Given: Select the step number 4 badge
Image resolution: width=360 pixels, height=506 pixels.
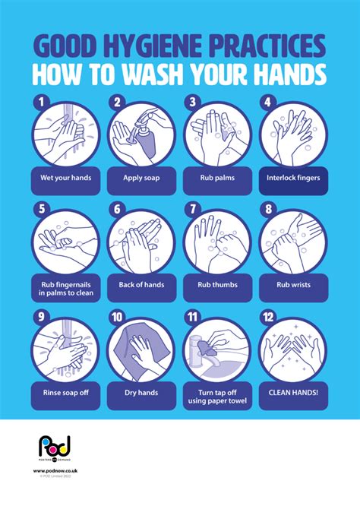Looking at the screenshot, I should pos(267,100).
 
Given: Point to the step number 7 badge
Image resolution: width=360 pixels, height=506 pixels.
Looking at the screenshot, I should pos(193,207).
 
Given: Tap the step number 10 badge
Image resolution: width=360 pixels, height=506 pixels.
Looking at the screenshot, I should pos(117,317).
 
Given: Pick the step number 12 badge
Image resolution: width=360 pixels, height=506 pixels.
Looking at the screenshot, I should pos(268,317).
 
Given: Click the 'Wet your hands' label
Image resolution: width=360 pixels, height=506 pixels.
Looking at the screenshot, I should pos(66,180).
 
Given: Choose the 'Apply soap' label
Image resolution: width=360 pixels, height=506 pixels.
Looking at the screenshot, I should pos(142,180).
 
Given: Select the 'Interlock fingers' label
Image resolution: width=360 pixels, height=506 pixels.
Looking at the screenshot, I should pos(293,180).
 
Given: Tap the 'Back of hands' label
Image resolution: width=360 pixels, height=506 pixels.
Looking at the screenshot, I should pos(142,285).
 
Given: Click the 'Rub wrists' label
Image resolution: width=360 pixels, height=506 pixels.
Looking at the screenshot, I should pos(293,285).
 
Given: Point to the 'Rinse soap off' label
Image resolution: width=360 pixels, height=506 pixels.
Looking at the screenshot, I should pos(66,393).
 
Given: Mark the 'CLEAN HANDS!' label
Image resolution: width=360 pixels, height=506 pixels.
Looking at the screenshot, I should pos(293,393).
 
